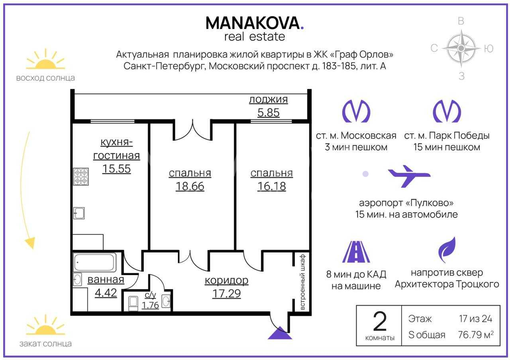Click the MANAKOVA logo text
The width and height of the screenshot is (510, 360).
click(x=255, y=23)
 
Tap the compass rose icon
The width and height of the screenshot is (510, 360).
click(x=461, y=48)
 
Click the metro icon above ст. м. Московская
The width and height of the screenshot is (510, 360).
click(x=356, y=111)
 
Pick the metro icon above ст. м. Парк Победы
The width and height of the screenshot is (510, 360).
click(x=447, y=111)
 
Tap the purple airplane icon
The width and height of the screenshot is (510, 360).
click(x=409, y=176)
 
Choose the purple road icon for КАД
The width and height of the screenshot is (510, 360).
click(x=356, y=252)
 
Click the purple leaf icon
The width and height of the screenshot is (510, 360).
click(x=447, y=250)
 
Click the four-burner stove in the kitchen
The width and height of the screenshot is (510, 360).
click(x=81, y=176)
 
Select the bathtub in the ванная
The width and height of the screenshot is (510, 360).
click(x=94, y=262)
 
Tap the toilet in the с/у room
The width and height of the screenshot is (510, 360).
click(x=133, y=303)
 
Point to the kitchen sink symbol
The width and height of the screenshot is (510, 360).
click(x=79, y=213)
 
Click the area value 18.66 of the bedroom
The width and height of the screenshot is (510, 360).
click(x=190, y=186)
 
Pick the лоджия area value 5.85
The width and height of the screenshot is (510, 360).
click(x=269, y=113)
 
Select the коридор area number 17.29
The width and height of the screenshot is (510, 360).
click(x=227, y=293)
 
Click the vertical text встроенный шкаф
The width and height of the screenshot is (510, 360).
click(x=302, y=282)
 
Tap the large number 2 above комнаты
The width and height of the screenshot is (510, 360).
click(x=380, y=321)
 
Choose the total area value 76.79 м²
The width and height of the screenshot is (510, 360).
click(x=476, y=335)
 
